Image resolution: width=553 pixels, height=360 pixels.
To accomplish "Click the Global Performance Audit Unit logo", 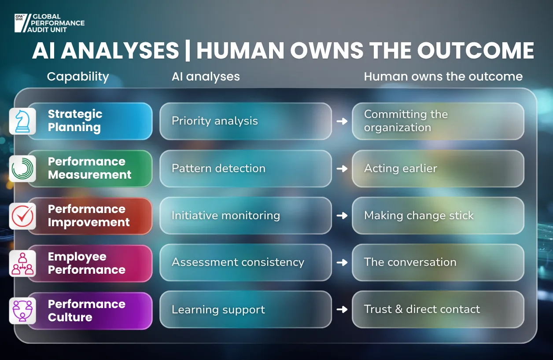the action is (x=49, y=23).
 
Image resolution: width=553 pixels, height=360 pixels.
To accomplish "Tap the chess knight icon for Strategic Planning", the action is (x=22, y=121).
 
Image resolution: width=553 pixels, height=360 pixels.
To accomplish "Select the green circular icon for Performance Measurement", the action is (x=22, y=169).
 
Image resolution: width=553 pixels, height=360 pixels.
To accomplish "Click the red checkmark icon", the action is (x=22, y=216).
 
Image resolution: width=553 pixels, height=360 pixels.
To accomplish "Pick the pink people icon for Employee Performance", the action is (x=22, y=263).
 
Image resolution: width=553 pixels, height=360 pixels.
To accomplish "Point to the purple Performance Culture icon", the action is (x=22, y=311).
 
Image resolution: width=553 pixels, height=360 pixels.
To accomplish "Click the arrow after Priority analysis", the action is (x=342, y=121).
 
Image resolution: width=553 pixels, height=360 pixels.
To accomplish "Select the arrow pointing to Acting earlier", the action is (x=342, y=169).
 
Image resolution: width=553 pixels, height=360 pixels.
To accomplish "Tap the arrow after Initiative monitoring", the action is (x=342, y=216).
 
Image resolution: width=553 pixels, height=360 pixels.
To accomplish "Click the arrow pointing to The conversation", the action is (x=342, y=262).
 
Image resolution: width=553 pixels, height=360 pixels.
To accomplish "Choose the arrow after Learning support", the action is (x=342, y=309).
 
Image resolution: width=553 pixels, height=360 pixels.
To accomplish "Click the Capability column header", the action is (x=78, y=77).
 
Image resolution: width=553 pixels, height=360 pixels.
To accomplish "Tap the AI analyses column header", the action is (x=206, y=77).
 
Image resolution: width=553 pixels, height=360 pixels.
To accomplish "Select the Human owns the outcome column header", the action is (x=443, y=77).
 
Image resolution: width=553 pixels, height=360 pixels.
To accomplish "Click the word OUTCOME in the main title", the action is (x=476, y=51).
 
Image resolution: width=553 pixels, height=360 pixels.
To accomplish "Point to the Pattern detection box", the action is (x=246, y=169).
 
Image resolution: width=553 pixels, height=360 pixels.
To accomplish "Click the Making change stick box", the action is (x=438, y=216).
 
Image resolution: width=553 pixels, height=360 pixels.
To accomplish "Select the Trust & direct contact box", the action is (x=438, y=309).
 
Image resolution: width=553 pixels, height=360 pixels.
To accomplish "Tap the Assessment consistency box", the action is (x=246, y=263).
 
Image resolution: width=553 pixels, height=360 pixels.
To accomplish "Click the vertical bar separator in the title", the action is (x=188, y=51).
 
